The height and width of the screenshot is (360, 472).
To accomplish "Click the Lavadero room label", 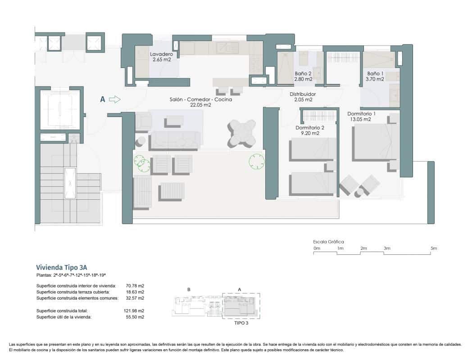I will pos(161,56).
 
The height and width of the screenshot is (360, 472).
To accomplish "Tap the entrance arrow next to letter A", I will pos(115,99).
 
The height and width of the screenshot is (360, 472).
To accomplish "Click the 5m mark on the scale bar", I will pos(434,248).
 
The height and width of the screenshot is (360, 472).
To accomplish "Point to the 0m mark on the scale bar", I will pos(317,248).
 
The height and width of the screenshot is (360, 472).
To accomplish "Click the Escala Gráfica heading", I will pos(328,242).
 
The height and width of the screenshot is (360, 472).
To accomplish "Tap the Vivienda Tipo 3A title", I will pos(64,266).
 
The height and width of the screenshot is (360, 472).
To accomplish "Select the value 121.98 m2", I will pos(135,311).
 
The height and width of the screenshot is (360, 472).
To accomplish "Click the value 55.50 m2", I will pos(135,317).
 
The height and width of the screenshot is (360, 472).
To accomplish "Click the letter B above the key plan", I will pos(188,289).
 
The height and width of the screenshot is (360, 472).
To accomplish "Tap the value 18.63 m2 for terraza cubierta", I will pos(135,292).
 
